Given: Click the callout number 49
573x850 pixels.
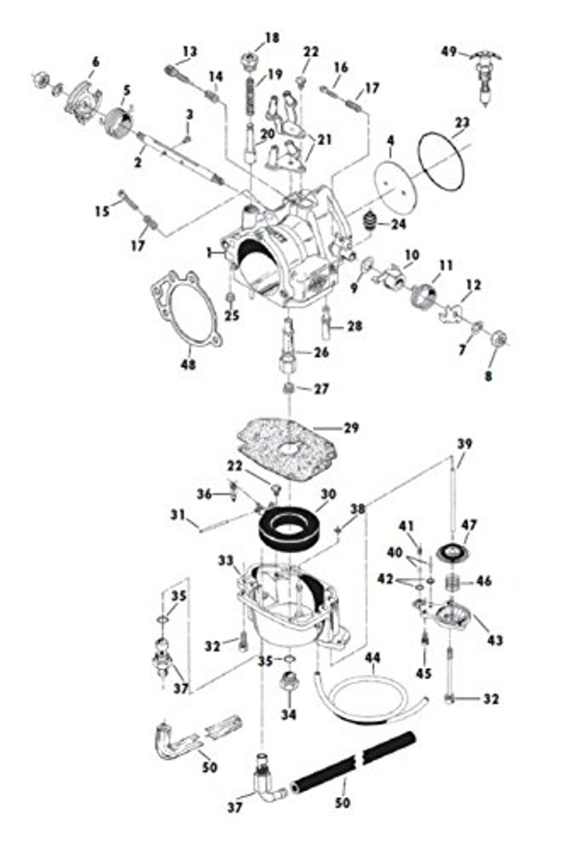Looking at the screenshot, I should pyautogui.click(x=450, y=51).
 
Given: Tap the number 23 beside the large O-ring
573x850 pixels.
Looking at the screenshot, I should pyautogui.click(x=462, y=122).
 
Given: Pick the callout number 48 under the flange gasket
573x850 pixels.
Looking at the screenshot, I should pyautogui.click(x=188, y=364).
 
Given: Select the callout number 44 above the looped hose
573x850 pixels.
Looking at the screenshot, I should pyautogui.click(x=373, y=657).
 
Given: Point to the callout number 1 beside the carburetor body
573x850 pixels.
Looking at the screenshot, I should pyautogui.click(x=210, y=253).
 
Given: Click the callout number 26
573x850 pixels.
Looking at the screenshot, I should pyautogui.click(x=321, y=352).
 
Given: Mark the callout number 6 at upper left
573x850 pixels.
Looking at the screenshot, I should pyautogui.click(x=95, y=62).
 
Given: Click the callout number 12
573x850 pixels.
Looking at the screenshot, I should pyautogui.click(x=473, y=284).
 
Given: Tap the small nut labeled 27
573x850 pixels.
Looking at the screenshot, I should pyautogui.click(x=288, y=388).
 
